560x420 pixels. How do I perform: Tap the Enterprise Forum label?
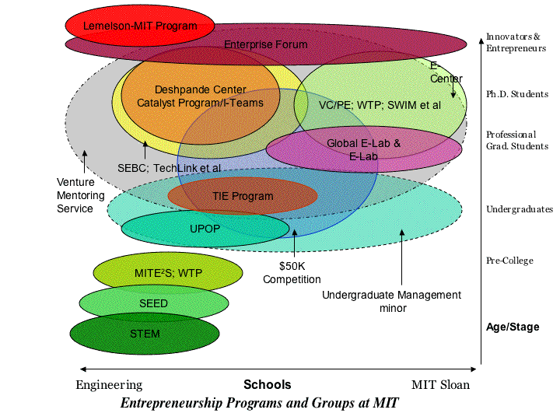tap(266, 44)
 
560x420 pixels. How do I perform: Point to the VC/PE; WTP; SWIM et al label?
tap(380, 104)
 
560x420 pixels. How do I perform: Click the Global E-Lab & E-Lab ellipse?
tap(363, 149)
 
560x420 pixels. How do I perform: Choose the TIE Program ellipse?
tap(243, 196)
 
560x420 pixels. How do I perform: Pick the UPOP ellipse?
tap(205, 229)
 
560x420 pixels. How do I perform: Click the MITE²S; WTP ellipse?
tap(168, 273)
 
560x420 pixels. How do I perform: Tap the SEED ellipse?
tap(153, 303)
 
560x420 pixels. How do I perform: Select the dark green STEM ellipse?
tap(145, 334)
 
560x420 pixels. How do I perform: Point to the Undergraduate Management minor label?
tap(391, 301)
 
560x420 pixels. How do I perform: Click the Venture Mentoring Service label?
tap(75, 195)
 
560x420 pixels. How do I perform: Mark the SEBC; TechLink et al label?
tap(169, 167)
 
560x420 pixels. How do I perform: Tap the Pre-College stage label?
tap(509, 261)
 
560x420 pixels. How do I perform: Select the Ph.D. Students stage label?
tap(517, 94)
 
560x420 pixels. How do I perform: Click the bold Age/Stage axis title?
tap(512, 327)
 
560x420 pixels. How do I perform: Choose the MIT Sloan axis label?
tap(440, 384)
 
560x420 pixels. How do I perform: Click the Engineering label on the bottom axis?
tap(109, 384)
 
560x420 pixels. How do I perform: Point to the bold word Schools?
tap(267, 384)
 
